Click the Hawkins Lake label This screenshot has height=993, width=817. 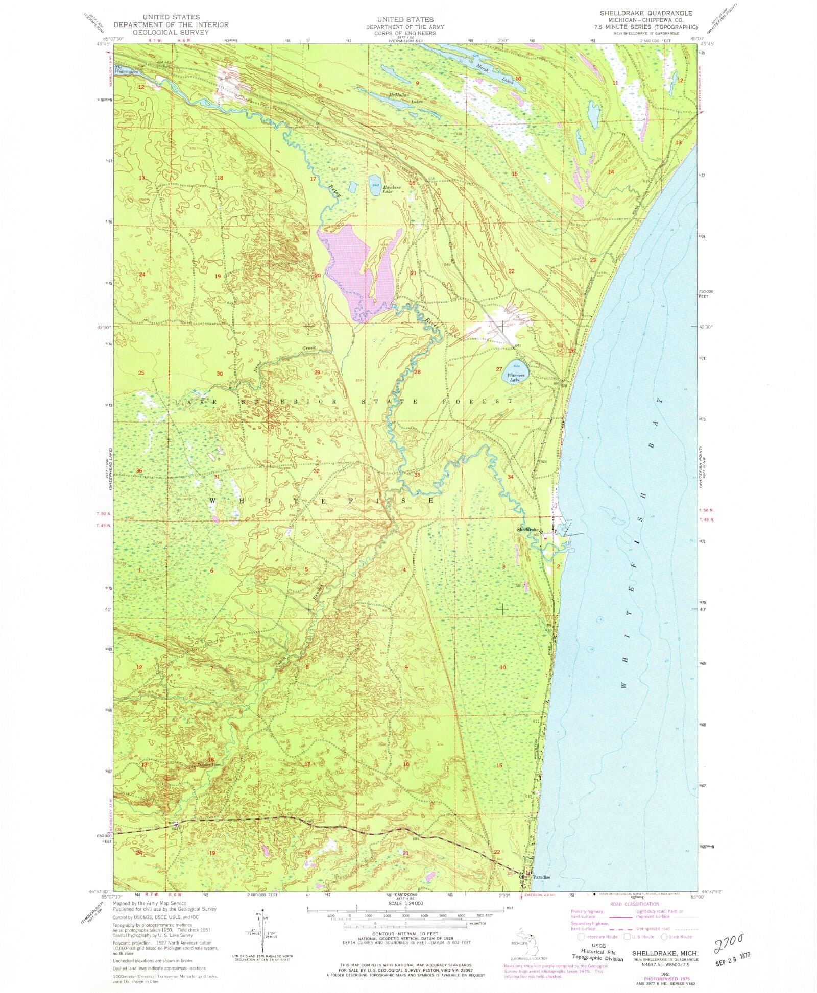tap(392, 189)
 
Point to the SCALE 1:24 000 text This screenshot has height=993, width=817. tap(405, 903)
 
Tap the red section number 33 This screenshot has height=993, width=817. tap(417, 475)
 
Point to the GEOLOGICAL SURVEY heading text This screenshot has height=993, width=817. tap(171, 32)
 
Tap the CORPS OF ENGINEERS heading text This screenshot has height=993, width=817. tap(404, 33)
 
